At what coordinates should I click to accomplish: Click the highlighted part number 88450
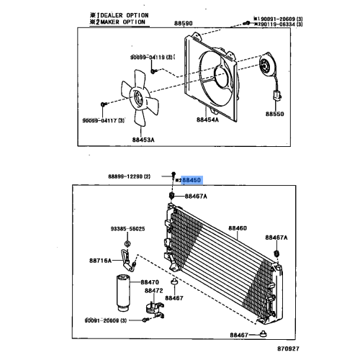pyautogui.click(x=192, y=183)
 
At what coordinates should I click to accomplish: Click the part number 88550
pyautogui.click(x=274, y=114)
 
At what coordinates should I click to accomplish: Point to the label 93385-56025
pyautogui.click(x=128, y=229)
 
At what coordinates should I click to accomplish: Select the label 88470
pyautogui.click(x=150, y=282)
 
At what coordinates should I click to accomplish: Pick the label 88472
pyautogui.click(x=153, y=291)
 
